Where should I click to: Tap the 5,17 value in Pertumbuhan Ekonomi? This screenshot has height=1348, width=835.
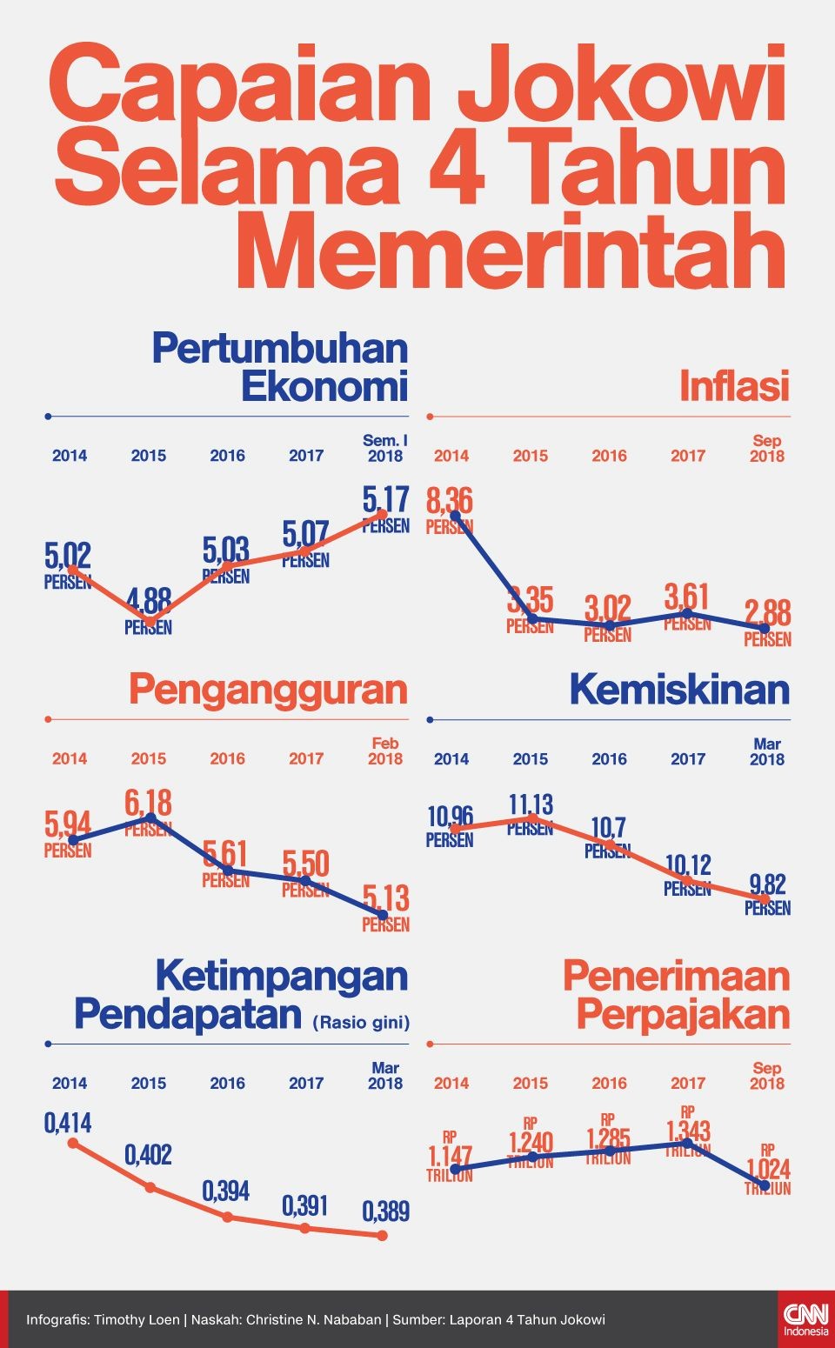click(385, 499)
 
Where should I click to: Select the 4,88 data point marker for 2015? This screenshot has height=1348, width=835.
click(150, 621)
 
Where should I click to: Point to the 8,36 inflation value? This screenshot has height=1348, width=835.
click(450, 501)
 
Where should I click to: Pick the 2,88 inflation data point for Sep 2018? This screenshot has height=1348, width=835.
click(765, 627)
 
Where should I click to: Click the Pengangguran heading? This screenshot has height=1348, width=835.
click(268, 690)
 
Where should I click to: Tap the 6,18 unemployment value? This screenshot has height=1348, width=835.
click(148, 802)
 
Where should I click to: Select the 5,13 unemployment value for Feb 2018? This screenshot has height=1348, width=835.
click(385, 898)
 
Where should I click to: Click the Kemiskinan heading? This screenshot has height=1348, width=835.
click(679, 690)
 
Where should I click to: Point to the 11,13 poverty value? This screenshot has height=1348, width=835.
click(531, 804)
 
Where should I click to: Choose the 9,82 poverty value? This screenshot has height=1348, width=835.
click(767, 885)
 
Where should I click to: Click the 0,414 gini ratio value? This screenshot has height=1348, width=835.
click(68, 1123)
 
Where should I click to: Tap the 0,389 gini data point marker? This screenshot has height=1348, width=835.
click(382, 1235)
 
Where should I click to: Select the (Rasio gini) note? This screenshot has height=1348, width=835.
click(361, 1023)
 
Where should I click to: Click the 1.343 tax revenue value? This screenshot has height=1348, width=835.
click(688, 1131)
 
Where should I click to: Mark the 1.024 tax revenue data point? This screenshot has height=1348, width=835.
click(765, 1185)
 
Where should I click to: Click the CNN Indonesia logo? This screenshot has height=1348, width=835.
click(805, 1318)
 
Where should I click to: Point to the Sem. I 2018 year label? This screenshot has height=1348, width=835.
click(384, 448)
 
